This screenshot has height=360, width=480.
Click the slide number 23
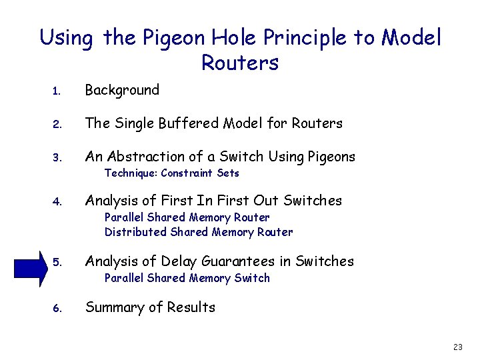click(457, 347)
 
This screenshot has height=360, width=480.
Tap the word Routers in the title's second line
click(239, 63)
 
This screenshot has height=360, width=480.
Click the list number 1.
click(57, 91)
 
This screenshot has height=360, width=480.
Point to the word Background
click(122, 90)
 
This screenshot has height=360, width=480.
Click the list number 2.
click(57, 125)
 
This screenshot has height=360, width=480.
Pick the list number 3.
click(57, 158)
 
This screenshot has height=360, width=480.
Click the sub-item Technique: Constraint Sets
click(171, 173)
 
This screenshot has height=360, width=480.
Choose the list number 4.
click(57, 202)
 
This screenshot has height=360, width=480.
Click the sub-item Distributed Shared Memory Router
click(198, 232)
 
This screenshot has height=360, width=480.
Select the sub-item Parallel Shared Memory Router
click(187, 217)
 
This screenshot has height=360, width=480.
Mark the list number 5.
click(57, 263)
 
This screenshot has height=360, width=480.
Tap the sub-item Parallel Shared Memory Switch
click(187, 278)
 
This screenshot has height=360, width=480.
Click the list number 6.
click(57, 309)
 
